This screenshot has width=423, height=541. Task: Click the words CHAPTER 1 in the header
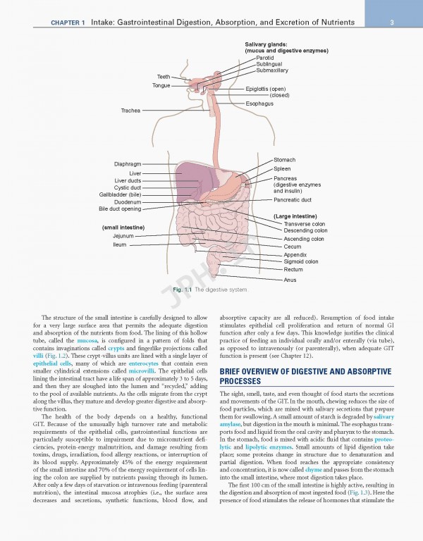[x=68, y=23]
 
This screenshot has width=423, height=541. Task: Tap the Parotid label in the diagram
[x=266, y=57]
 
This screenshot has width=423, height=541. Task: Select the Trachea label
[x=130, y=111]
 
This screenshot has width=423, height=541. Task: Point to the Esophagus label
[x=259, y=104]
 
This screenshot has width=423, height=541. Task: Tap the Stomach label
[x=284, y=160]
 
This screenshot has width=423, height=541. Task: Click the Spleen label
[x=282, y=169]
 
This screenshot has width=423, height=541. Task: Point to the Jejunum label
[x=123, y=236]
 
